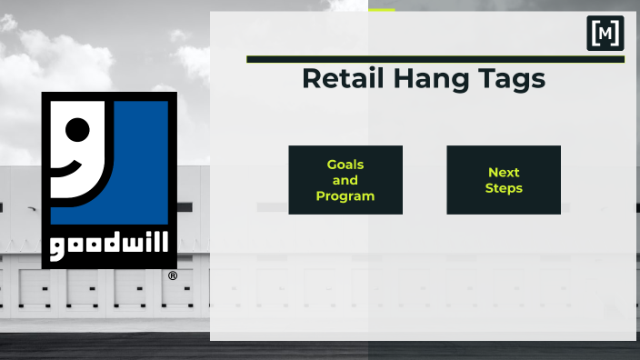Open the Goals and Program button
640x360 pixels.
pos(345,180)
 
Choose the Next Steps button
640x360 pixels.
pos(504,180)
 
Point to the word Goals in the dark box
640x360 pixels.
pos(345,165)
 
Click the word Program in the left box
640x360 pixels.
pos(345,195)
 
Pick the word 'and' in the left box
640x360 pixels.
pos(345,180)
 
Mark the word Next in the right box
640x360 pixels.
pos(504,172)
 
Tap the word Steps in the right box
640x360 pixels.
pos(504,188)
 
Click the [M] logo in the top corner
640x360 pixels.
pos(605,33)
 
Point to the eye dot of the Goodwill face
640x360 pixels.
pos(76,129)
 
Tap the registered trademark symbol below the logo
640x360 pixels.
pos(173,275)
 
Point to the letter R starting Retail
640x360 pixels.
pos(311,79)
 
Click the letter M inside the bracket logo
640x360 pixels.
pos(605,33)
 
